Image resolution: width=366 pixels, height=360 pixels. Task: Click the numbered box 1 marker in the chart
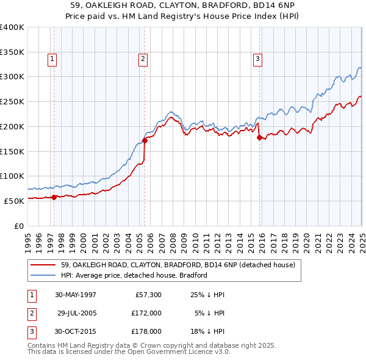[x=52, y=59]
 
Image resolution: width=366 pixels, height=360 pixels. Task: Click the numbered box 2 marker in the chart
[x=143, y=59]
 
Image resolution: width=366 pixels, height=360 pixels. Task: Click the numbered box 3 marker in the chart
[x=257, y=59]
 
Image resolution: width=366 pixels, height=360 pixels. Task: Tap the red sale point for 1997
[x=54, y=197]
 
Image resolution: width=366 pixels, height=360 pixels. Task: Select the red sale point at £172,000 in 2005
[x=145, y=140]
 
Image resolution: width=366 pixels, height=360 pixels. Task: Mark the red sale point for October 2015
[x=259, y=137]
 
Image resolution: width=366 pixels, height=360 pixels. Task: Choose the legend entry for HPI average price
[x=134, y=275]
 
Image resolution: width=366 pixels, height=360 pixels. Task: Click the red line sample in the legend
[x=43, y=265]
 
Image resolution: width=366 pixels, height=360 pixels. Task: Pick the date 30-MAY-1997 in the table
[x=76, y=295]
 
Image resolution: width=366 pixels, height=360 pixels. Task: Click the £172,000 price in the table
[x=146, y=313]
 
